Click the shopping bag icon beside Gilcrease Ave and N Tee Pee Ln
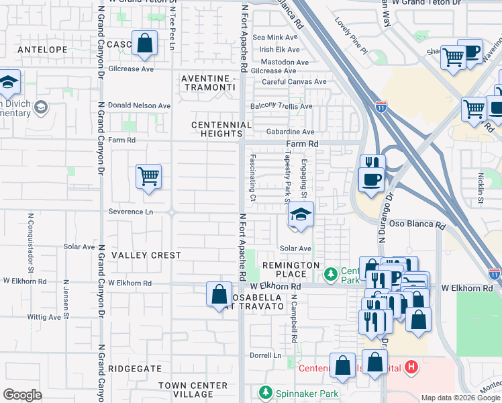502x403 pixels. click(x=144, y=44)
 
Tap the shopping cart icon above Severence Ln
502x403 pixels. click(x=148, y=177)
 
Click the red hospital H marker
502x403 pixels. click(x=412, y=368)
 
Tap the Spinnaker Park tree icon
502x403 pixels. click(x=266, y=392)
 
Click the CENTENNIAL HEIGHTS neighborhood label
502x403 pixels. click(x=221, y=130)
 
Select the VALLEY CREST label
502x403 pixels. click(x=146, y=255)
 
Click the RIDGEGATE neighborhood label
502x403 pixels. click(x=136, y=369)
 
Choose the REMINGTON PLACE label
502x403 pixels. click(x=291, y=270)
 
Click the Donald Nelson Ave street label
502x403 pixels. click(x=140, y=106)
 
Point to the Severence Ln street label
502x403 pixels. click(x=131, y=212)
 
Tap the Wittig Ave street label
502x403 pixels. click(x=44, y=317)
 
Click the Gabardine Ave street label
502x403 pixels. click(x=290, y=132)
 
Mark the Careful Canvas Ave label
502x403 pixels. click(x=294, y=82)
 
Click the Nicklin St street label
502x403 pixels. click(x=481, y=187)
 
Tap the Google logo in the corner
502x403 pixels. click(x=22, y=395)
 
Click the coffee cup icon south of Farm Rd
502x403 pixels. click(x=371, y=180)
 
